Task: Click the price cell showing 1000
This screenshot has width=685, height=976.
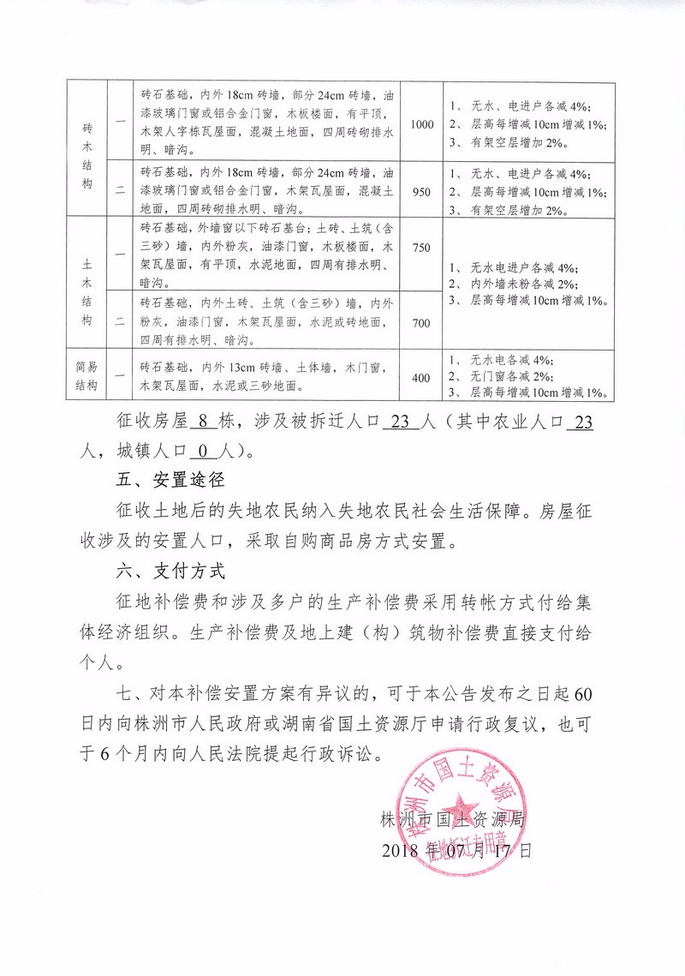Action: click(x=422, y=125)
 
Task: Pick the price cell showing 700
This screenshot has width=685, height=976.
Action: click(x=421, y=322)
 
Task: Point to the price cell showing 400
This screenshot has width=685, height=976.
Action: click(x=421, y=377)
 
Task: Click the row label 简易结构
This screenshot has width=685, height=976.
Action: click(x=87, y=376)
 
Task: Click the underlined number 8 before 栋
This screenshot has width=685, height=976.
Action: click(x=203, y=422)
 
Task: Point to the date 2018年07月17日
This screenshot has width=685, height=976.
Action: click(x=456, y=851)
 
